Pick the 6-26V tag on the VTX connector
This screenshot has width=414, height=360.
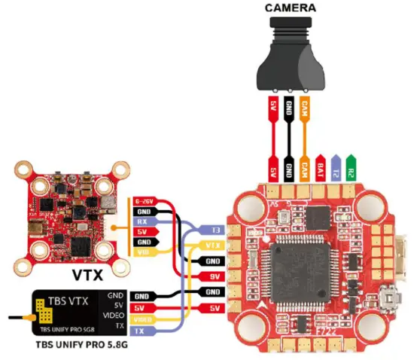tap(144, 202)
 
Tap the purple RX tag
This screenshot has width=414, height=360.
tap(143, 222)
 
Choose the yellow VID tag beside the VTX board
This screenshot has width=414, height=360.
tap(143, 253)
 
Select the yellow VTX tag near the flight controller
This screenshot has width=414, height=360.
tap(214, 246)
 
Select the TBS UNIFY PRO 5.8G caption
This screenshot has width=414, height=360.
tap(78, 348)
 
